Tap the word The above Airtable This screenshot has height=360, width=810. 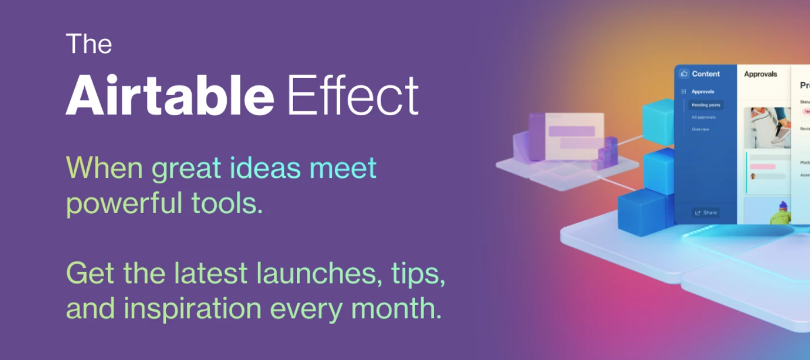89,44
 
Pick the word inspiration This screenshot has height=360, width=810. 192,308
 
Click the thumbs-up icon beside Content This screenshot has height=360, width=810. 684,74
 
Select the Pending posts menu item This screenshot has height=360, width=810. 706,105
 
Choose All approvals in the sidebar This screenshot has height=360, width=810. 704,117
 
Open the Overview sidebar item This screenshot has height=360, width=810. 700,129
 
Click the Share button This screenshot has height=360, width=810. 706,213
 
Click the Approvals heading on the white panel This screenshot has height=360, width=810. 760,74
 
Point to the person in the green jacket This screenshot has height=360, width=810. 781,213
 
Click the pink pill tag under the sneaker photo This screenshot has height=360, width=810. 762,166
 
